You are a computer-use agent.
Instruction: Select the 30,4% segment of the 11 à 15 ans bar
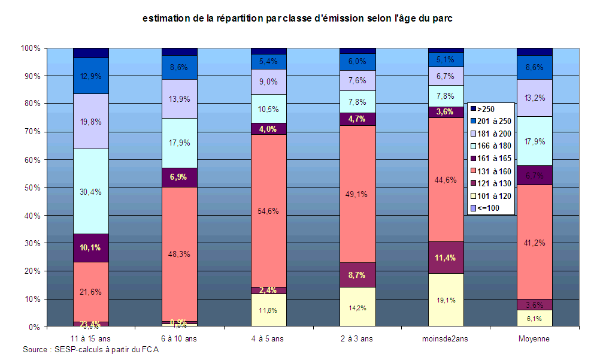tap(91, 192)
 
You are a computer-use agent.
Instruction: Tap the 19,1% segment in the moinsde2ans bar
tap(446, 300)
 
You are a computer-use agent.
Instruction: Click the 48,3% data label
tap(180, 254)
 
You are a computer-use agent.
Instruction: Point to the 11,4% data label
tap(446, 258)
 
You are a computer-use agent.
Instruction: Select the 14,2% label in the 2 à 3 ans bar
tap(357, 308)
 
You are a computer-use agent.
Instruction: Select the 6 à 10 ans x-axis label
tap(180, 338)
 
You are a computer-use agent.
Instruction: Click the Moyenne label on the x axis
tap(534, 338)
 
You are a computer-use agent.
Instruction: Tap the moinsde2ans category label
tap(446, 338)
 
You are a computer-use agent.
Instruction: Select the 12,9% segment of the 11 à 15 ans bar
tap(91, 76)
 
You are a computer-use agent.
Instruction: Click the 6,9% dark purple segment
tap(180, 177)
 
